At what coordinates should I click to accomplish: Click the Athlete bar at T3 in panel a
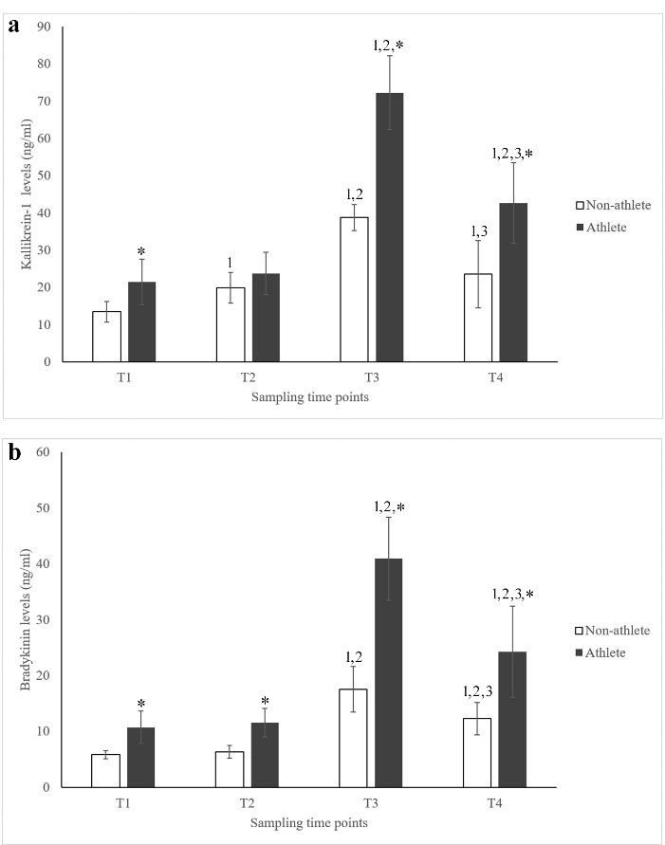tap(391, 228)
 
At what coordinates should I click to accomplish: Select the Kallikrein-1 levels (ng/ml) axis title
tap(26, 194)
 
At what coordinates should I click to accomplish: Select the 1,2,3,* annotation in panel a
tap(513, 153)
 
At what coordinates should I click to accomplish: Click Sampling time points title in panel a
tap(310, 397)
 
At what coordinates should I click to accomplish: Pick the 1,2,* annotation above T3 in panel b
tap(389, 507)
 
